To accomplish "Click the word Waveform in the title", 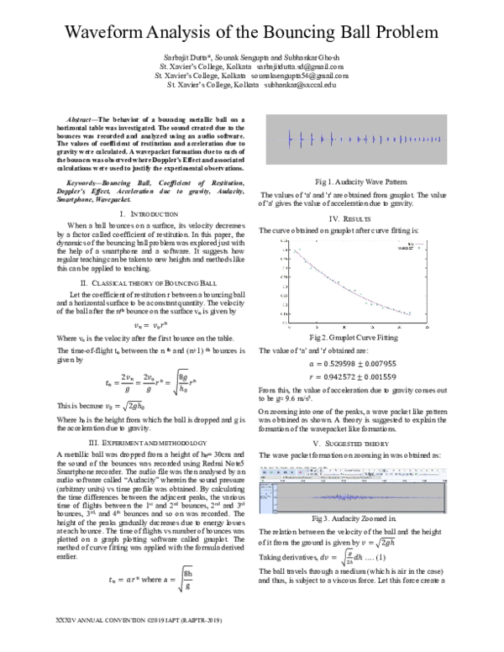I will [x=107, y=34].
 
